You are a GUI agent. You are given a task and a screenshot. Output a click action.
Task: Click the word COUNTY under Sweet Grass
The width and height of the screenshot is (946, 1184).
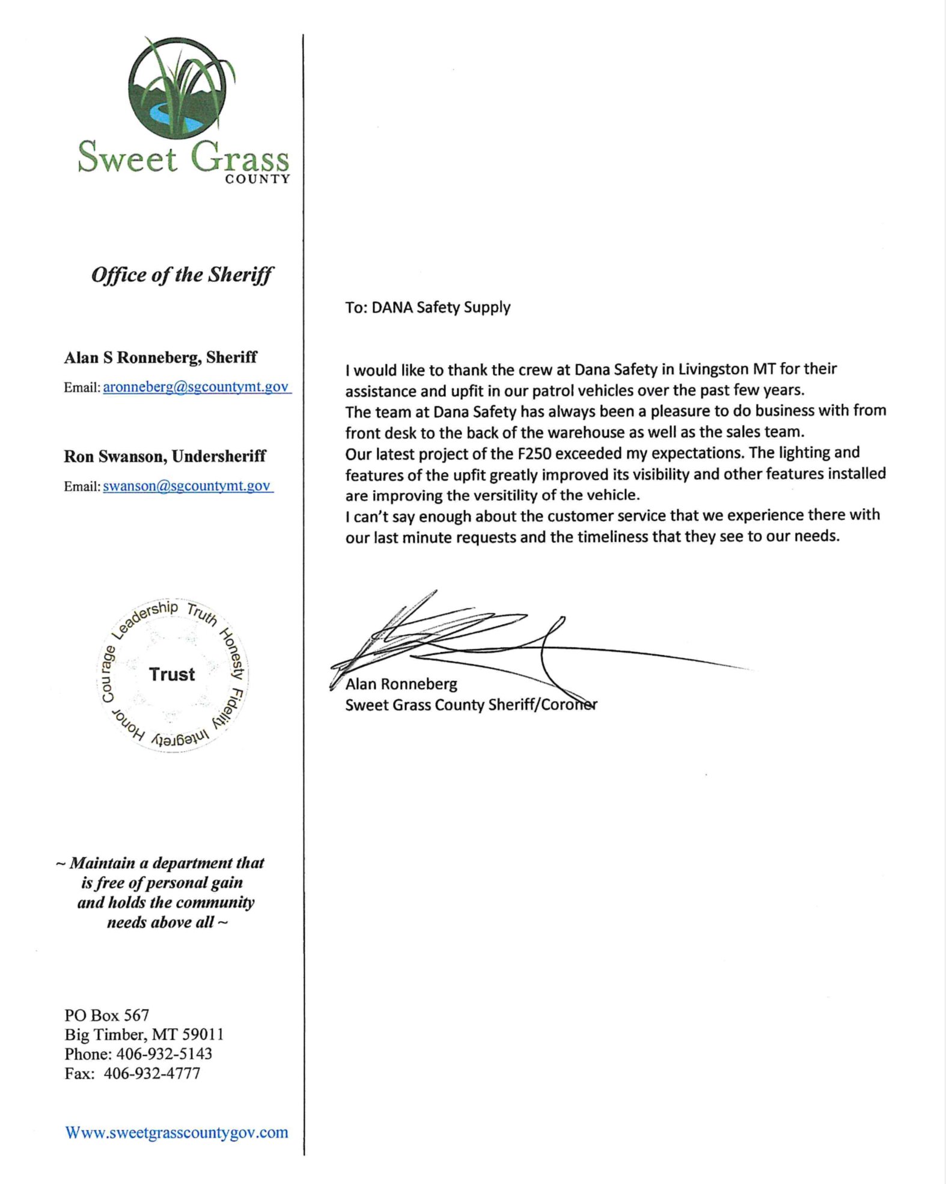257,179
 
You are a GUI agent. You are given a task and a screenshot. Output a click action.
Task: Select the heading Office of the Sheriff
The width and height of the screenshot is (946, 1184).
182,275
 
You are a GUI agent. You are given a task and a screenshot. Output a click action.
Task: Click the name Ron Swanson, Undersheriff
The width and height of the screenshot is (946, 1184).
165,456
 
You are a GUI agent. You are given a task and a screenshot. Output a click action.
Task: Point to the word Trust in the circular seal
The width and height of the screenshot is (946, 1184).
172,674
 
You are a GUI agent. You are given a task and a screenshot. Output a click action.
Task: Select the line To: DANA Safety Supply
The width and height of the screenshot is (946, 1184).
427,307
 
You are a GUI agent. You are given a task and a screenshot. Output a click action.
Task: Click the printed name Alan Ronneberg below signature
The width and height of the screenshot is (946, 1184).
401,684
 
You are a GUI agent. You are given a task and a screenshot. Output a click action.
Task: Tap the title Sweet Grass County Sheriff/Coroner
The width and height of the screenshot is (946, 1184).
471,705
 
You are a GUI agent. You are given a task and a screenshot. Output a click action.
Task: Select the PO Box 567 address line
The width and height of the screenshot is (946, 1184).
106,1016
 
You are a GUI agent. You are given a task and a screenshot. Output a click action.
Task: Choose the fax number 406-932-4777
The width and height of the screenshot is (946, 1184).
152,1073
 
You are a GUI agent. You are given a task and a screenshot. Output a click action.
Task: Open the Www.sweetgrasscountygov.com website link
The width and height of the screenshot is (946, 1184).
177,1132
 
